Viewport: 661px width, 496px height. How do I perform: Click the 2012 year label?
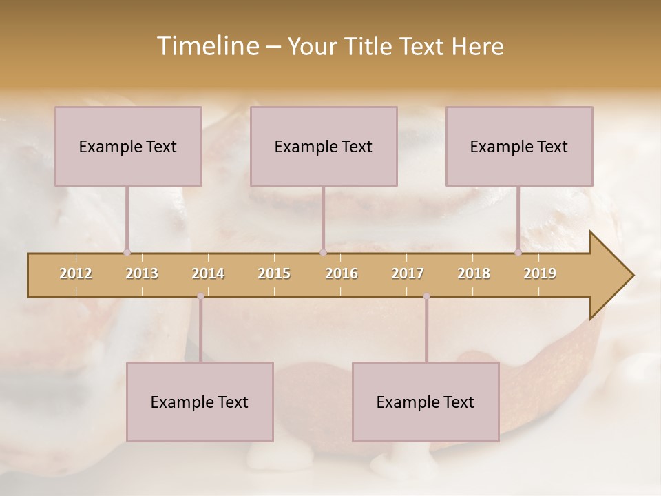click(76, 273)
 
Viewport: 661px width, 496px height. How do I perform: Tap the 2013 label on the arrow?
click(142, 273)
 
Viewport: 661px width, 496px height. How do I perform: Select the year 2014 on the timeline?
click(208, 273)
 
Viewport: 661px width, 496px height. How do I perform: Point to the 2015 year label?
click(274, 273)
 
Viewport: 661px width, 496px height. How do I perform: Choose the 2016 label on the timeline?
click(342, 273)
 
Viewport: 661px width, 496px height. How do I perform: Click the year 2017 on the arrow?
click(408, 273)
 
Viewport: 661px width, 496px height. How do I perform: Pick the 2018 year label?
click(474, 273)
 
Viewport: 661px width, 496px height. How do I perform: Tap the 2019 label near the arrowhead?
click(540, 273)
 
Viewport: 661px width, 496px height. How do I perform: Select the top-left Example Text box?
click(128, 146)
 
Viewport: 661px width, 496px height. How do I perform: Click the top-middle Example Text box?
click(324, 146)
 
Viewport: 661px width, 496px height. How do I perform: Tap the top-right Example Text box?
click(519, 146)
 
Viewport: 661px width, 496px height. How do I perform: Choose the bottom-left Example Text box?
click(200, 402)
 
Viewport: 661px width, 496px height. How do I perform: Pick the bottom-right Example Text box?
click(426, 402)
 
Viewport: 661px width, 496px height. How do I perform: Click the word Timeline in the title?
click(207, 46)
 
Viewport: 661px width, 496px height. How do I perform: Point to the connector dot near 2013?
click(127, 253)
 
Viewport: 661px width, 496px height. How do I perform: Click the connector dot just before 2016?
click(323, 253)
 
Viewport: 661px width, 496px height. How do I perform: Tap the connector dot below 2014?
click(200, 296)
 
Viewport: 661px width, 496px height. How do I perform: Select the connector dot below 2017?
click(426, 296)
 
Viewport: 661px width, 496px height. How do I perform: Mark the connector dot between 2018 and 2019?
click(518, 253)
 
